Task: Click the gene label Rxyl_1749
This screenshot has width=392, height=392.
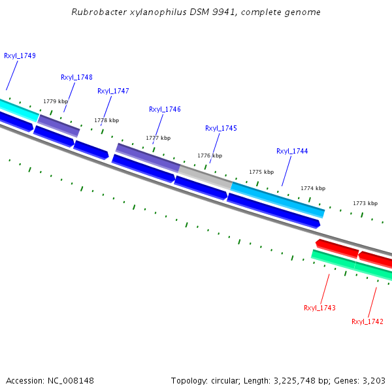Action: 20,56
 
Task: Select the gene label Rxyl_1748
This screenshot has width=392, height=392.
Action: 76,77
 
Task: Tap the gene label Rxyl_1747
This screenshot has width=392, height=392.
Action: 113,91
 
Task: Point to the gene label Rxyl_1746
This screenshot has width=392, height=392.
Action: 165,109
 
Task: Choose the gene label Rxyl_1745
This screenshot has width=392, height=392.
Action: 221,128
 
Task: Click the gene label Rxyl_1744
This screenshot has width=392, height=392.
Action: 292,151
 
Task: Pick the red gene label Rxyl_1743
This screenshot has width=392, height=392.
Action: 319,308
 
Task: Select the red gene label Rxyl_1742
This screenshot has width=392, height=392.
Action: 367,321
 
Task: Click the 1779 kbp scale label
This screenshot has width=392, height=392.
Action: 56,101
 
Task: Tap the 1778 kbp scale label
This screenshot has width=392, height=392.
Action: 106,120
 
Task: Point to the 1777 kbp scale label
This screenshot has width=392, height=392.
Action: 158,138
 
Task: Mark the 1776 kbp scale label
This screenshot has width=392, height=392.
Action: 210,155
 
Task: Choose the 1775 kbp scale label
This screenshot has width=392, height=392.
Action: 261,172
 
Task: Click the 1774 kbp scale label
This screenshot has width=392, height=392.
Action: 313,188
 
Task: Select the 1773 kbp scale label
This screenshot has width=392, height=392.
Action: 365,203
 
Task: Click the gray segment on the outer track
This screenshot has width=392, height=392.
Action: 205,177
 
